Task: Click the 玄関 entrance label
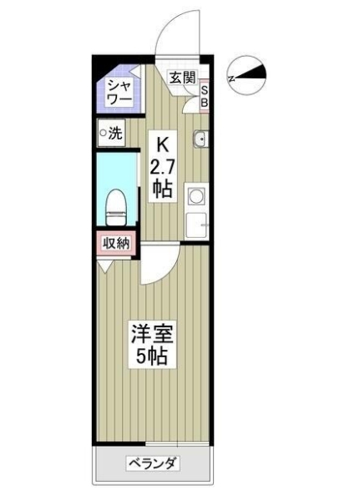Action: (x=182, y=78)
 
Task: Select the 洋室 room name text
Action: (x=150, y=336)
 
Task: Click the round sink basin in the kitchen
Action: (x=200, y=139)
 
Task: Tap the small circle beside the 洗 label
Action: (x=103, y=132)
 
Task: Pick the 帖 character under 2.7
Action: (x=162, y=189)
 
